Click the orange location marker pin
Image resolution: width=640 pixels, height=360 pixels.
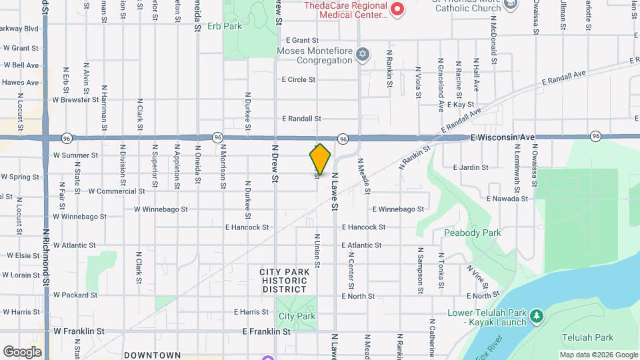[x=320, y=159]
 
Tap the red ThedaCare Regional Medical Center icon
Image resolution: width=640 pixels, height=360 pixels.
[x=397, y=9]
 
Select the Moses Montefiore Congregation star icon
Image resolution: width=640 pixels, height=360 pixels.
[x=362, y=55]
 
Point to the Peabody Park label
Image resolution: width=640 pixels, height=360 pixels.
[x=472, y=233]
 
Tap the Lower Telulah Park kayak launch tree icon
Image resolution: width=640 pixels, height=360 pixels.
[x=535, y=315]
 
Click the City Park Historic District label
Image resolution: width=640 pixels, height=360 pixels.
[x=285, y=280]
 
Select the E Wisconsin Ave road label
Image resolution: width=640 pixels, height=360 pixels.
[x=502, y=137]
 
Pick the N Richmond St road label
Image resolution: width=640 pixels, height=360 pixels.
[x=46, y=257]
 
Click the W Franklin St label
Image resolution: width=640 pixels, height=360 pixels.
[x=79, y=331]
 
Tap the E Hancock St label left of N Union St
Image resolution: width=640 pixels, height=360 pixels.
[x=247, y=227]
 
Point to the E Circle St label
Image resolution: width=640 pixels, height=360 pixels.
[x=299, y=79]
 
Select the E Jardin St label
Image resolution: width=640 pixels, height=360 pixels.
[x=471, y=167]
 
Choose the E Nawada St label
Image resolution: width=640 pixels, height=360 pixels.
[x=507, y=199]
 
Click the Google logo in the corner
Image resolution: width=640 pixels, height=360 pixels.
[x=22, y=351]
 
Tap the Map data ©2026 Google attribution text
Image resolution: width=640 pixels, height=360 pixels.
[x=598, y=355]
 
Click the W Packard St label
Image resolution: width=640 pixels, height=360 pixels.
[x=75, y=295]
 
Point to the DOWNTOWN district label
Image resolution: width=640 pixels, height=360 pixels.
[x=152, y=355]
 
